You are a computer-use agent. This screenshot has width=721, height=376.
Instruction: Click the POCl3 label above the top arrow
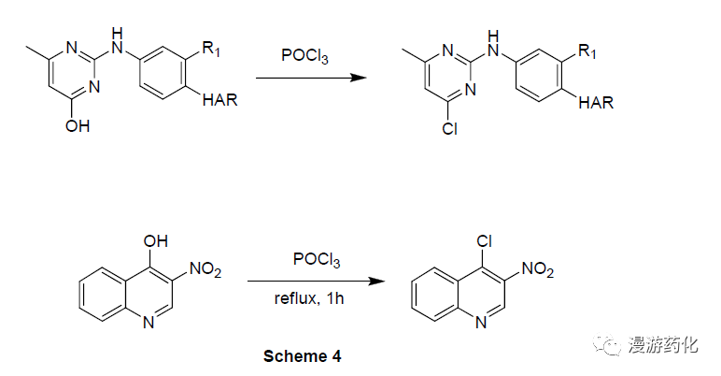(x=304, y=56)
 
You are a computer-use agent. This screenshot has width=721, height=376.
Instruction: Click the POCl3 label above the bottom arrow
(x=317, y=259)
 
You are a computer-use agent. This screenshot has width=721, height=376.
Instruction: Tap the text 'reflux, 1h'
(x=309, y=298)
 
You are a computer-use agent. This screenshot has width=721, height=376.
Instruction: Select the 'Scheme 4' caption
(x=302, y=356)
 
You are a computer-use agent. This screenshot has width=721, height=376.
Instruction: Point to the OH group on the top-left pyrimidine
(x=78, y=125)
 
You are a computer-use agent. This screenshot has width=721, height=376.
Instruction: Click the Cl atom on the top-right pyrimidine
(x=450, y=128)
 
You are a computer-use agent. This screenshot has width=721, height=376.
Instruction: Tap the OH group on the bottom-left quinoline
(x=156, y=241)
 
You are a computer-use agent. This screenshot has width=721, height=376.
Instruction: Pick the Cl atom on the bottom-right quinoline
(x=484, y=241)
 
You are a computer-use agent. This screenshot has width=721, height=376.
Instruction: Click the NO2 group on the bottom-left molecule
(x=205, y=269)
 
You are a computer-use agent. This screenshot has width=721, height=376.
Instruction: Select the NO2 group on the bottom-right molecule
(x=538, y=269)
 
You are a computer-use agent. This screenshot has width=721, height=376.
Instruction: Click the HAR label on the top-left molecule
(x=219, y=100)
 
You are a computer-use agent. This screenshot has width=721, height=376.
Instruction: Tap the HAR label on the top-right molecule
(x=596, y=102)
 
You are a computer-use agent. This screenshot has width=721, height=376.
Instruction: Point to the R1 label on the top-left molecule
(x=211, y=50)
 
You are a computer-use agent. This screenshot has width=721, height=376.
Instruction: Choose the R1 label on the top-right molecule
(x=587, y=51)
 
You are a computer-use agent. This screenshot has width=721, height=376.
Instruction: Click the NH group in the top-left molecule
(x=118, y=40)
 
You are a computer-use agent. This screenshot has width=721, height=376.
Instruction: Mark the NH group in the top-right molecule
(x=493, y=43)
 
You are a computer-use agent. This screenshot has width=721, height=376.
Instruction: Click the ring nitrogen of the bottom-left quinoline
(x=148, y=323)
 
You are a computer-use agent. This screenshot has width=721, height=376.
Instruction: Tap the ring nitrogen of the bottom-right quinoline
(x=481, y=323)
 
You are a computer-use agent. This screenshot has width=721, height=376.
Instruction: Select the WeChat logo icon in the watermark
(x=606, y=344)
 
